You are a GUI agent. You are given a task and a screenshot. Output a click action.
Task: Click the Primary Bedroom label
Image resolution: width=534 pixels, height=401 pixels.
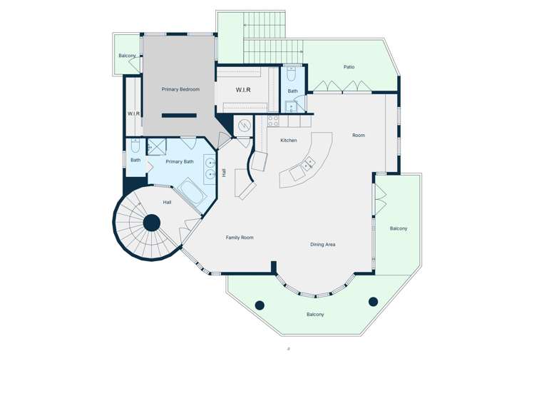pyautogui.click(x=180, y=89)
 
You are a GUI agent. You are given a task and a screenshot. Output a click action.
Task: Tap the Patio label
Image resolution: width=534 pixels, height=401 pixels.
pyautogui.click(x=349, y=67)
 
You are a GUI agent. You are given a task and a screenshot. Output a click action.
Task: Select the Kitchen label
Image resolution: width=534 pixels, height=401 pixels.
pyautogui.click(x=288, y=140)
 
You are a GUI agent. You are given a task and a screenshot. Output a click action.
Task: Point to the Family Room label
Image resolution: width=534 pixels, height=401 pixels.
pyautogui.click(x=240, y=238)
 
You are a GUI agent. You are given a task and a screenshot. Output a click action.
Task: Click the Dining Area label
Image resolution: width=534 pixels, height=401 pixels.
pyautogui.click(x=322, y=245)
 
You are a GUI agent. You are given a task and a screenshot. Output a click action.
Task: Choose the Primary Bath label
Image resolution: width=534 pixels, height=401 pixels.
pyautogui.click(x=180, y=161)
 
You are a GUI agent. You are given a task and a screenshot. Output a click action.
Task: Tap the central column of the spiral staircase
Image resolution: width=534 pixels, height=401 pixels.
pyautogui.click(x=151, y=223)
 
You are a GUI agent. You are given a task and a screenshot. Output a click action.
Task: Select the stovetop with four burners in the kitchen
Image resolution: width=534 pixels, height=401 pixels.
pyautogui.click(x=273, y=121)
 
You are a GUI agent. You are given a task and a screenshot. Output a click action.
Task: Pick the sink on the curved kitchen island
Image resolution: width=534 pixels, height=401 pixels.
pyautogui.click(x=309, y=165)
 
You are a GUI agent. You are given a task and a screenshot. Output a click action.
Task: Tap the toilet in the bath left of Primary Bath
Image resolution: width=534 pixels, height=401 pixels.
pyautogui.click(x=135, y=146)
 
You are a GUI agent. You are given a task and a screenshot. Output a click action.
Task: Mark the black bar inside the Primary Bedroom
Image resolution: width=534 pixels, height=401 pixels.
pyautogui.click(x=178, y=115)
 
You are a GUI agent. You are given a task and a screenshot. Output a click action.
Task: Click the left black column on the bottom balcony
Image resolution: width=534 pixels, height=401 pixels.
pyautogui.click(x=260, y=305)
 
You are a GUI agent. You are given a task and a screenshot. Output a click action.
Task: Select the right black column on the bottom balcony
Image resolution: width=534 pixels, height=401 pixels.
pyautogui.click(x=373, y=301)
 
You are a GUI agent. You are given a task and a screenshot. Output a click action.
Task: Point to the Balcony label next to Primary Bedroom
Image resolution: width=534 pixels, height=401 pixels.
pyautogui.click(x=127, y=56)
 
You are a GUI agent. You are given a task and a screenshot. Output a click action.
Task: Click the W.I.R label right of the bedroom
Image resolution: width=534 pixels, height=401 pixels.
pyautogui.click(x=243, y=91)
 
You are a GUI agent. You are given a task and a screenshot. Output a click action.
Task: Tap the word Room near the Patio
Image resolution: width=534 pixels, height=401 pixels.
pyautogui.click(x=359, y=135)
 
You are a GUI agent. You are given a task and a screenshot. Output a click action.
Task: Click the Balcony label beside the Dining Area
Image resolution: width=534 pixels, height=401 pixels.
pyautogui.click(x=399, y=228)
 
